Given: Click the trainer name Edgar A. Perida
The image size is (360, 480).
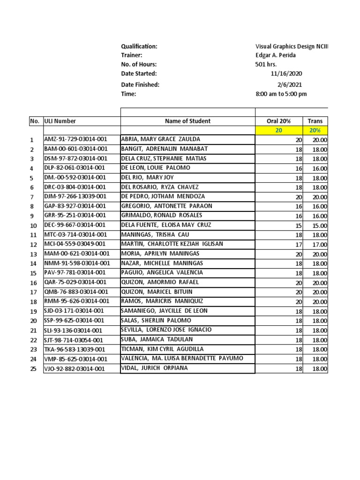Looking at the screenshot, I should point(275,55).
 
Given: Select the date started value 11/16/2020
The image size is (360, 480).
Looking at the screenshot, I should point(286,74).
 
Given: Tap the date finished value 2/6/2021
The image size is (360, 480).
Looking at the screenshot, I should point(290,85).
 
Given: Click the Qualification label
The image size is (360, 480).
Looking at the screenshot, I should point(139,46).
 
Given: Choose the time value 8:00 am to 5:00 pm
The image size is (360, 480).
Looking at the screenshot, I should point(281,94).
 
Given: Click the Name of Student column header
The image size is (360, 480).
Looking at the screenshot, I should point(187,121).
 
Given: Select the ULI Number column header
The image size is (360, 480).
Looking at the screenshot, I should point(60,121).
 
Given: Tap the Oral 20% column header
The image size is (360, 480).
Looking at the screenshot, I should point(278,121).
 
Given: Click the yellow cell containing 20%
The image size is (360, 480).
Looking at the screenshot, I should point(315,130).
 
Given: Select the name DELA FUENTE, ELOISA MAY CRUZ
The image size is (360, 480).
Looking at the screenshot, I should point(165,225).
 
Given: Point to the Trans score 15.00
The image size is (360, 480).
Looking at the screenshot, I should point(319,225).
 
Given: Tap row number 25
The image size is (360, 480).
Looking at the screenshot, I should point(33,368).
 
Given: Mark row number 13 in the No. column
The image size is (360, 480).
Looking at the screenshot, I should point(33,254).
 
